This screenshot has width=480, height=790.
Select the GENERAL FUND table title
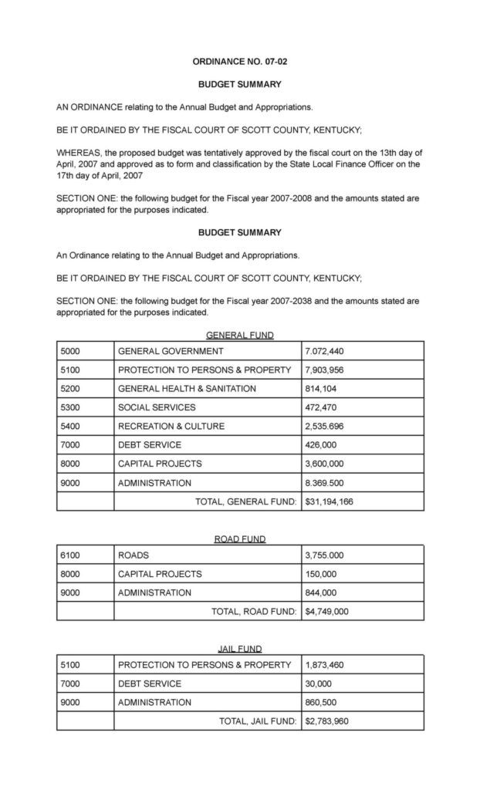coord(239,335)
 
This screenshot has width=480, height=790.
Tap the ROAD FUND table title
coord(239,539)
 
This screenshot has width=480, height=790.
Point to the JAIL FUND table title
coord(239,649)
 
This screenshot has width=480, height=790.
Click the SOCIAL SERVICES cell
coord(157,407)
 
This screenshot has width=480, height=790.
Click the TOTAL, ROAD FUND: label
coord(254,612)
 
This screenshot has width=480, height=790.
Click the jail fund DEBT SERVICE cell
coord(150,684)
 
